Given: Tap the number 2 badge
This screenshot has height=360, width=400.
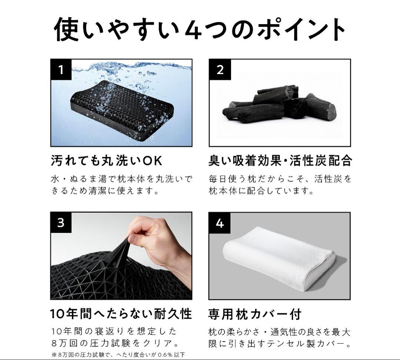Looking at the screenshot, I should [220, 70].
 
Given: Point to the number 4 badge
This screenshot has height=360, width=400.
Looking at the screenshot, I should [220, 223].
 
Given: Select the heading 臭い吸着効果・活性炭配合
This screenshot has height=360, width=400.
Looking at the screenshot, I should [280, 161].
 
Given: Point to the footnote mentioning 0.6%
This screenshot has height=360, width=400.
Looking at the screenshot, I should [118, 355].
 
